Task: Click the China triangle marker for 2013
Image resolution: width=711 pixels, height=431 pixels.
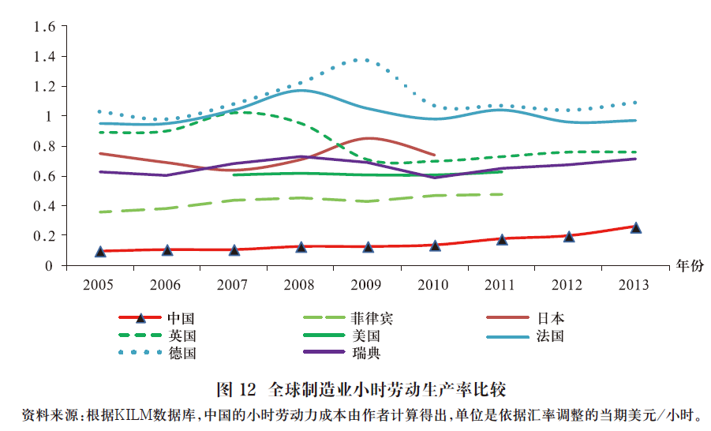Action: click(x=636, y=227)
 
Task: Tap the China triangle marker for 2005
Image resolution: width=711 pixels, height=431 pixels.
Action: click(x=100, y=251)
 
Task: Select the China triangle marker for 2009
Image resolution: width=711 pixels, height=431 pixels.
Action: click(x=368, y=247)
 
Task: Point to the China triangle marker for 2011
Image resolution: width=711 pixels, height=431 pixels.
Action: click(x=502, y=238)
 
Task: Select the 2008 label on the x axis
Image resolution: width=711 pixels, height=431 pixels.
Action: click(x=301, y=285)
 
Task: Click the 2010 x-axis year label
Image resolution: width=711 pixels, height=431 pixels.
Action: click(x=435, y=285)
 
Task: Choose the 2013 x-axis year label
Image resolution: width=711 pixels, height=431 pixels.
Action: click(x=635, y=285)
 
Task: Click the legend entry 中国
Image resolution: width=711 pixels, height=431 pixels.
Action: click(x=181, y=319)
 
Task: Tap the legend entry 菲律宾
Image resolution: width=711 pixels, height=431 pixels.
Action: click(x=372, y=319)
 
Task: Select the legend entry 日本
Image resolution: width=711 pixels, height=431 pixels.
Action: click(x=550, y=319)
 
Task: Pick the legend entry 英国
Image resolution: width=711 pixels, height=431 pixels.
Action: click(x=181, y=335)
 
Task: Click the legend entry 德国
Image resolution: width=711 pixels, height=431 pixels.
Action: click(x=181, y=353)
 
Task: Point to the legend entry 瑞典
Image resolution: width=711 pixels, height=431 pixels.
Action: click(x=365, y=353)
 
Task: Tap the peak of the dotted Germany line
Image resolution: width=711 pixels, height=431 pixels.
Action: click(x=362, y=60)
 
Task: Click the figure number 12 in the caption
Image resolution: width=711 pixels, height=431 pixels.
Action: click(x=248, y=390)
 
